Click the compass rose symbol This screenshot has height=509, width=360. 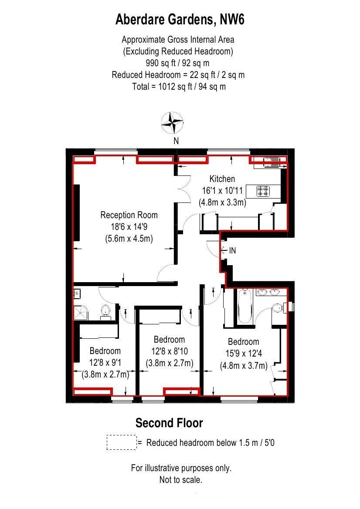tap(173, 123)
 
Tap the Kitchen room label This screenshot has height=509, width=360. tap(222, 179)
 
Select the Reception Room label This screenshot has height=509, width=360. tap(129, 215)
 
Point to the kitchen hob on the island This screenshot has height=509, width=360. tap(263, 191)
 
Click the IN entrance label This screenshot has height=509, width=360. tap(232, 251)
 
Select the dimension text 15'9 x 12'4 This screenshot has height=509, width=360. tap(243, 354)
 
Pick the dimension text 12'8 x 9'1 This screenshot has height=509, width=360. tap(105, 363)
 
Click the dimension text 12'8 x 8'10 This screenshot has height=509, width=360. tap(169, 351)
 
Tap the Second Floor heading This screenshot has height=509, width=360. tap(169, 423)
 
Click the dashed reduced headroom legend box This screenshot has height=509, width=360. tap(121, 442)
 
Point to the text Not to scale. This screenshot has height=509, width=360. tap(181, 480)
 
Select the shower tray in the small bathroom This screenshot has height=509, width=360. tap(81, 312)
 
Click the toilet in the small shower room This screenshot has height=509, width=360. tap(105, 311)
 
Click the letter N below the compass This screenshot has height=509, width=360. tap(176, 141)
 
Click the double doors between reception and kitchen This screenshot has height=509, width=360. tap(183, 189)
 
